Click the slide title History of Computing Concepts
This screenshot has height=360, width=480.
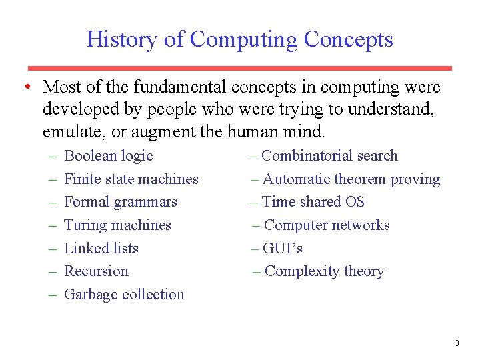pos(239,39)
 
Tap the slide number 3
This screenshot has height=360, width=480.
pos(457,343)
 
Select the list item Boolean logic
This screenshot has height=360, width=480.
pos(108,156)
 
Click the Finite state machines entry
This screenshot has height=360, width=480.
pos(131,179)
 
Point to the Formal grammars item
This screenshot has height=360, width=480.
pos(120,202)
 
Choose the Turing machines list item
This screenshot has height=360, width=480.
pos(117,225)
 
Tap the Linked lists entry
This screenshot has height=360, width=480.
pos(101,249)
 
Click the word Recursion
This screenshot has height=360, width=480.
pos(96,271)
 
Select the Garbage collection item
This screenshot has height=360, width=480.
pos(124,295)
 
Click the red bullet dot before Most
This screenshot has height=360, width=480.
pos(25,87)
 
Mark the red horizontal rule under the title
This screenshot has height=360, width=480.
pos(239,68)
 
